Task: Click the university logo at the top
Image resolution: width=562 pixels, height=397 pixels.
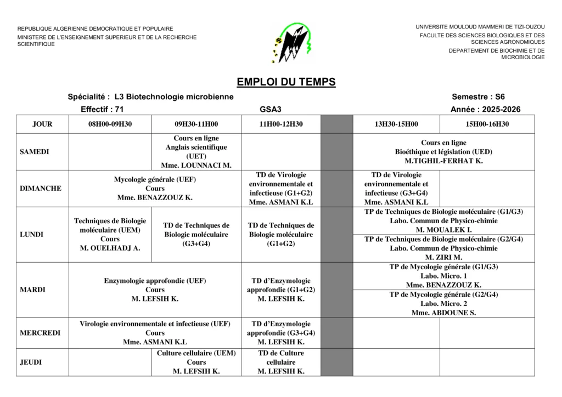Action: coord(293,43)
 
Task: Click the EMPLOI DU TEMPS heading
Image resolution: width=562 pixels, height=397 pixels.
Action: coord(286,82)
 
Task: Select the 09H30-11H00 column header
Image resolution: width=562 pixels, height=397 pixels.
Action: coord(196,124)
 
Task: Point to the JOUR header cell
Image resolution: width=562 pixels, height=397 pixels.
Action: coord(42,124)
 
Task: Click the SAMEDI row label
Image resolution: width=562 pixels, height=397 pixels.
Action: coord(35,152)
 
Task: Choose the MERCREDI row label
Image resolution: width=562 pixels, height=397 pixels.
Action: coord(40,333)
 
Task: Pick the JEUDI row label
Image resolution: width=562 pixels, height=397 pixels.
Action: coord(31,362)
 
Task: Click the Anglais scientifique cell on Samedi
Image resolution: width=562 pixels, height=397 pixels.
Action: coord(196,152)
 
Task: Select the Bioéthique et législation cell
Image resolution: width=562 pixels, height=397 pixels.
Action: coord(443,152)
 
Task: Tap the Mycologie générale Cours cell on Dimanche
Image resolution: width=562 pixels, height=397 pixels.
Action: coord(155,189)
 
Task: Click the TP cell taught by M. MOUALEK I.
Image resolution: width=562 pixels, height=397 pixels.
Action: coord(443,220)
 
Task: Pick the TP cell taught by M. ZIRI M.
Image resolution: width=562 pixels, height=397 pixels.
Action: coord(443,248)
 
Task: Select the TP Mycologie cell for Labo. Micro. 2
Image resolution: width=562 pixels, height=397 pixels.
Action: coord(443,303)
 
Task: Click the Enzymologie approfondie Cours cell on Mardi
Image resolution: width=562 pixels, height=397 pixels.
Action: coord(155,290)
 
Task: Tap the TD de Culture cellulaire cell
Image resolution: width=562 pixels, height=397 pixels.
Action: coord(281,362)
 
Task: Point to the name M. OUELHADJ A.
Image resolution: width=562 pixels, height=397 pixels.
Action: coord(110,248)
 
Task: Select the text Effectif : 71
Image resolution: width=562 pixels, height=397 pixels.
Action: coord(102,110)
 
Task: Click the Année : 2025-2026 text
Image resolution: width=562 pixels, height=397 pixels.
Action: coord(485,110)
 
